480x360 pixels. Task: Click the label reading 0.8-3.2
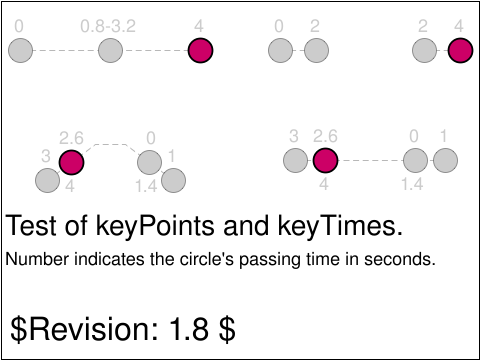point(108,26)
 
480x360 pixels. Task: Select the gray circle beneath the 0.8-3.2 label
point(110,50)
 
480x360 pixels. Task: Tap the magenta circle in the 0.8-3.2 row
point(200,50)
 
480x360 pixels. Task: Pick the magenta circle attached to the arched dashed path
point(71,162)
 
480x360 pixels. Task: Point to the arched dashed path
point(111,145)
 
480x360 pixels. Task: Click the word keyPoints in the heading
point(155,226)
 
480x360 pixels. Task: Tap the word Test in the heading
point(31,226)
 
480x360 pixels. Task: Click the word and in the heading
point(246,226)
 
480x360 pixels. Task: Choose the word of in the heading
point(76,226)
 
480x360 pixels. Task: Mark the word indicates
point(109,259)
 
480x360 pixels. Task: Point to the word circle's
point(208,259)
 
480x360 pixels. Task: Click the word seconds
point(400,259)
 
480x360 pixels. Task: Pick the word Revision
point(94,329)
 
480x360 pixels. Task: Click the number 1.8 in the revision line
point(189,329)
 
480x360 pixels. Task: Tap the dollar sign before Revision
point(18,329)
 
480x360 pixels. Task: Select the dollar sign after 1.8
point(227,329)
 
